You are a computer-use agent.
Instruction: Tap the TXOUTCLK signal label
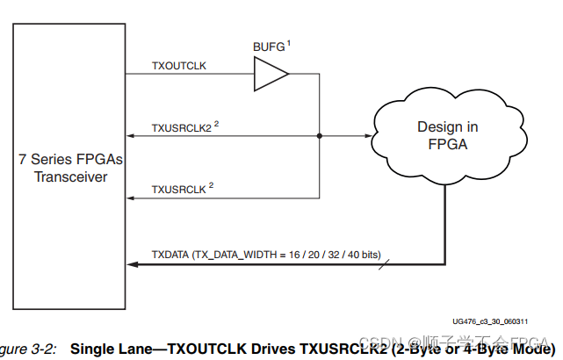[178, 67]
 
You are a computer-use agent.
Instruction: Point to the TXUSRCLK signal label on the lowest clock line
[179, 189]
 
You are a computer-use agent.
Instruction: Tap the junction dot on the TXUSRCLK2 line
[319, 136]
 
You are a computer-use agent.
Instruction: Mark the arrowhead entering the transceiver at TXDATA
[131, 263]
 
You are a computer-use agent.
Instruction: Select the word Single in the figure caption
[92, 349]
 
